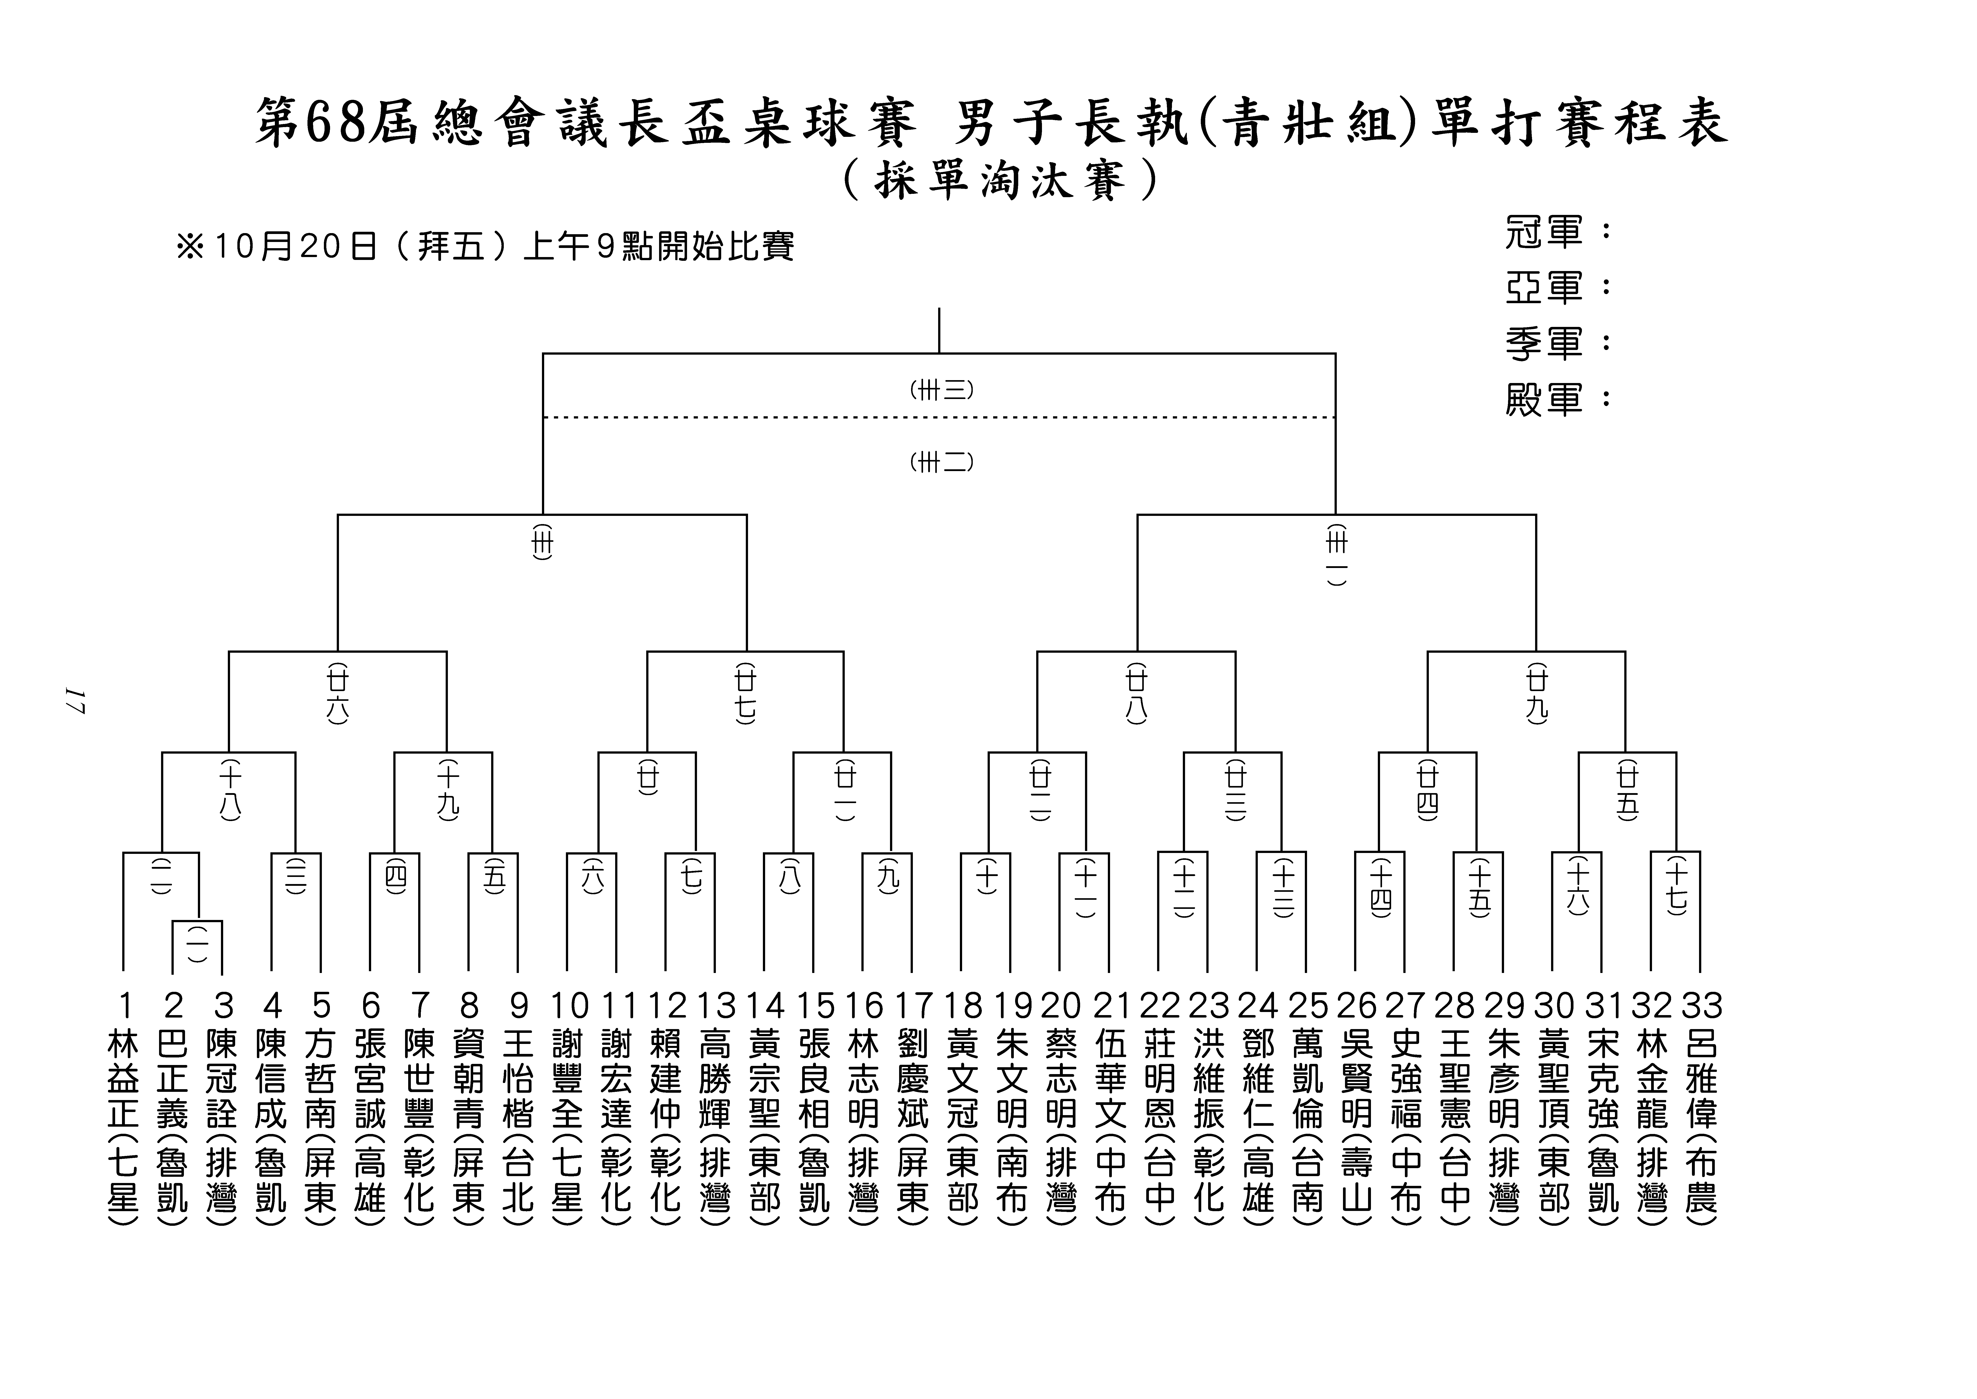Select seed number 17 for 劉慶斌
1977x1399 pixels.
coord(912,1005)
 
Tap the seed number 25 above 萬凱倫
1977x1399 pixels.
coord(1308,1005)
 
